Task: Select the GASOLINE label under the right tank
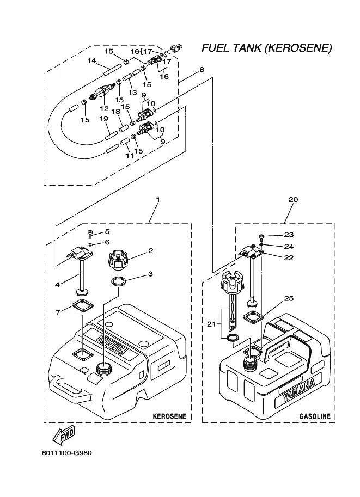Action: point(314,416)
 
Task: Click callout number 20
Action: point(293,200)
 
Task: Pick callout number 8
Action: point(202,70)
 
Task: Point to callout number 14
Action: point(91,60)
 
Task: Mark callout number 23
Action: point(288,235)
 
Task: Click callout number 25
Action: point(288,299)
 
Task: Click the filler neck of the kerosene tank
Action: point(104,370)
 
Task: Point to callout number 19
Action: point(104,118)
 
